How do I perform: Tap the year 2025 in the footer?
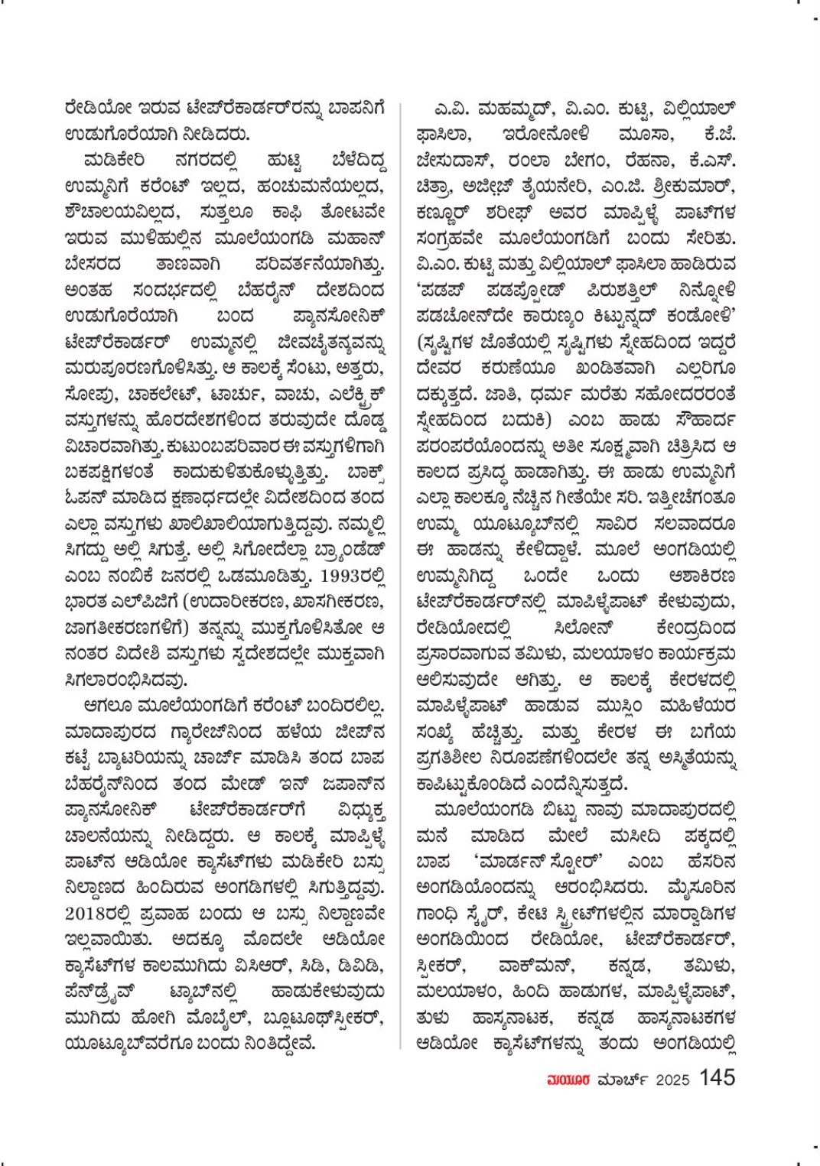tap(672, 1080)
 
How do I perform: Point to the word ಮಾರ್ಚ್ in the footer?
tap(620, 1080)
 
